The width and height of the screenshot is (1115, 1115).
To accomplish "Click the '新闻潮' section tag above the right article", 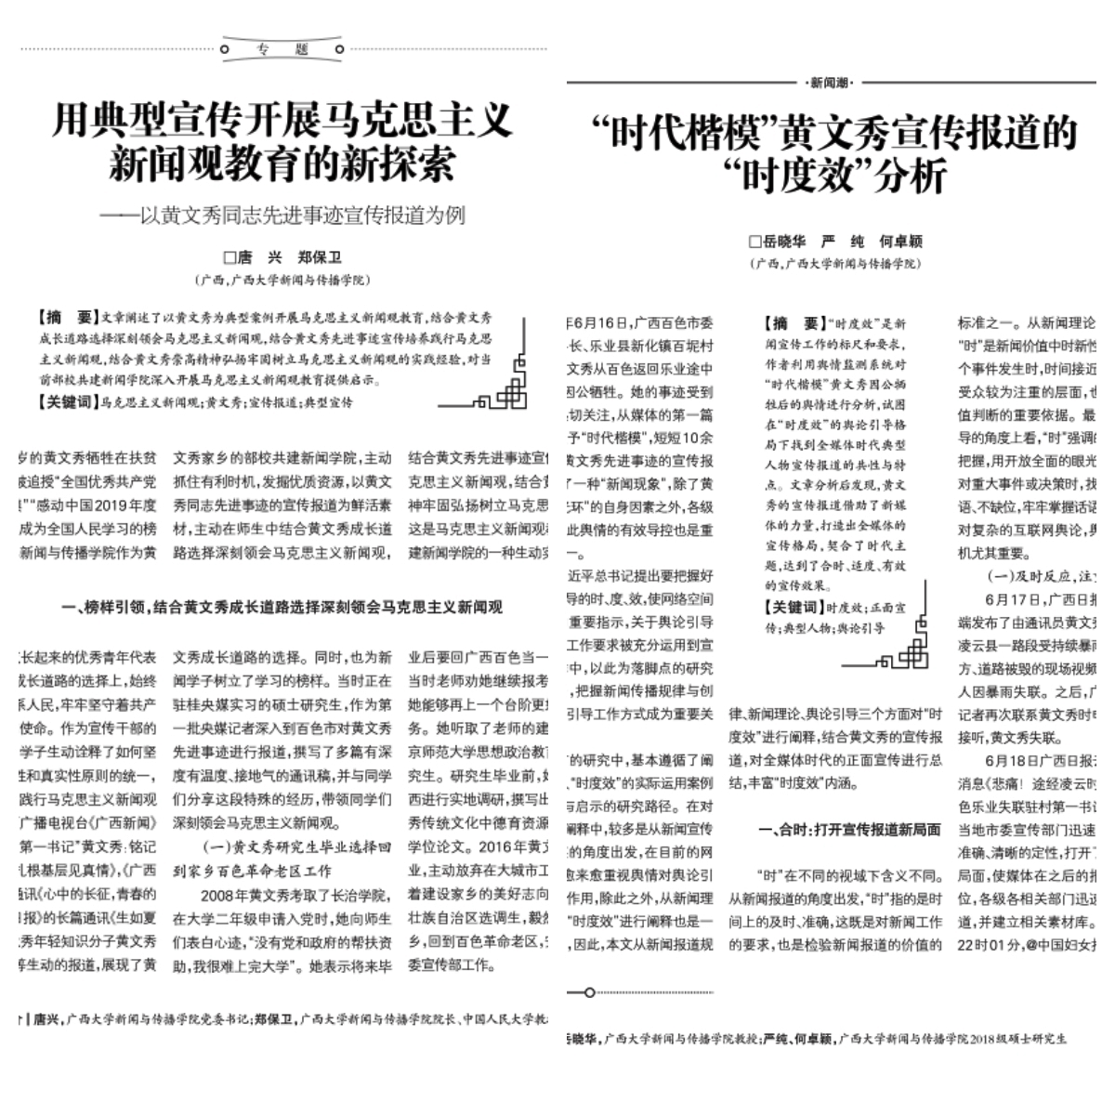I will [830, 83].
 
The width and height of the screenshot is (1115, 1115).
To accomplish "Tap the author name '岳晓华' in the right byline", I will [784, 242].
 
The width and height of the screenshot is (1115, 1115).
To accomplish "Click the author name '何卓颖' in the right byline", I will [900, 242].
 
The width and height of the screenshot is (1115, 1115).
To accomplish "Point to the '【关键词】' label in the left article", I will [67, 402].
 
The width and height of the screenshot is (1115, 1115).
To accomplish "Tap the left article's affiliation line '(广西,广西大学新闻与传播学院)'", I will [282, 280].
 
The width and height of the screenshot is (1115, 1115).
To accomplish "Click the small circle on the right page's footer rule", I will [589, 992].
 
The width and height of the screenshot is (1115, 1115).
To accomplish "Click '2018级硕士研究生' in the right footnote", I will [1017, 1039].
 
